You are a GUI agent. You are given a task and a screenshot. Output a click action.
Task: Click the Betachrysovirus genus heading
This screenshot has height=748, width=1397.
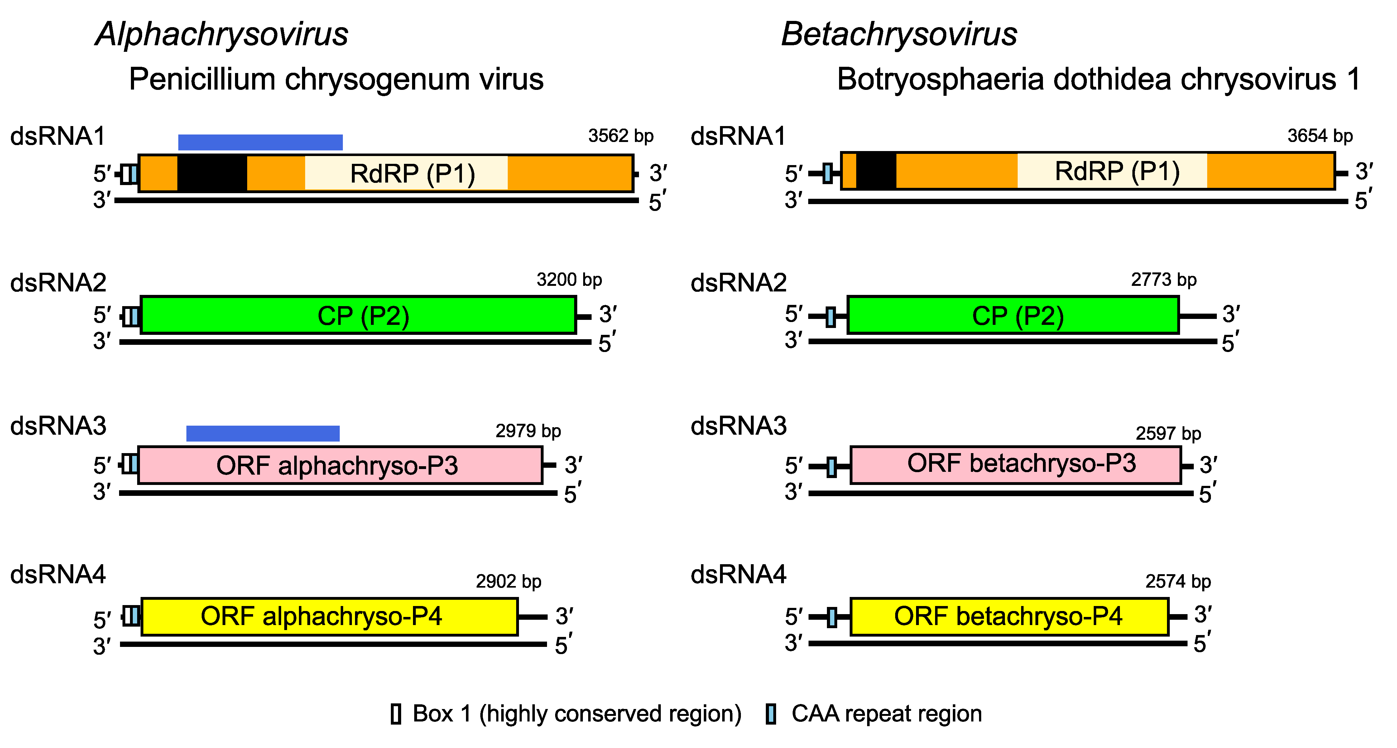click(899, 34)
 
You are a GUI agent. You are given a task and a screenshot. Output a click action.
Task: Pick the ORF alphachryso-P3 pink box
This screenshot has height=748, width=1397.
click(340, 465)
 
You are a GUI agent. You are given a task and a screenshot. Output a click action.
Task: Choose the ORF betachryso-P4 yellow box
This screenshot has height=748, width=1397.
click(1009, 616)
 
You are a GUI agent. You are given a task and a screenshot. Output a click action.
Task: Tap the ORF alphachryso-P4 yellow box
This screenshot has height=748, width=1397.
click(329, 616)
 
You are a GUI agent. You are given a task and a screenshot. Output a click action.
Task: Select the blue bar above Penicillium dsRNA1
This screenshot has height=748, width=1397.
click(260, 142)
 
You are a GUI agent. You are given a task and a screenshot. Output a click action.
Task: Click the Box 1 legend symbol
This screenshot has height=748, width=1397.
click(396, 714)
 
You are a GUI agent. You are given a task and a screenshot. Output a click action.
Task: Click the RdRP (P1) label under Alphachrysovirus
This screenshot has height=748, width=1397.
click(412, 174)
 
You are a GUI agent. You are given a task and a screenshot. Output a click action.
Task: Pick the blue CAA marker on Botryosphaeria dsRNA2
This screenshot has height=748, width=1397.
click(830, 316)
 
